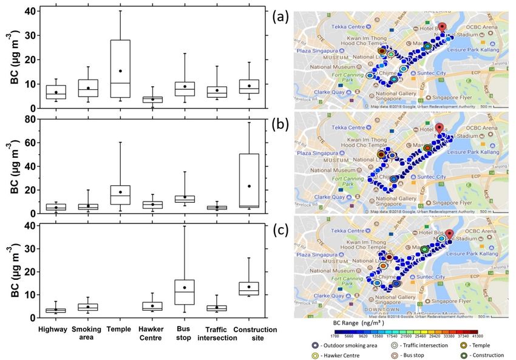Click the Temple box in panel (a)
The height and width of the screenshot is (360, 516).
[120, 69]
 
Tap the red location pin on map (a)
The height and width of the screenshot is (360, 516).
[443, 27]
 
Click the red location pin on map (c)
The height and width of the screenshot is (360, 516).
[449, 234]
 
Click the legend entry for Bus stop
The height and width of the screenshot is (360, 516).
[398, 355]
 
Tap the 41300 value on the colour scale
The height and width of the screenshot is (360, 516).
[478, 335]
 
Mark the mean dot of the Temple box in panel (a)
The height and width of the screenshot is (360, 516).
[120, 71]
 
